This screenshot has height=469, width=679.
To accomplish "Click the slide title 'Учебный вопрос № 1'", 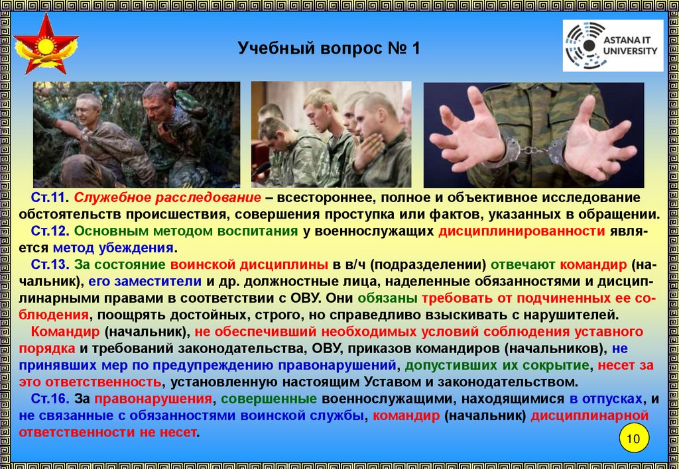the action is click(329, 48).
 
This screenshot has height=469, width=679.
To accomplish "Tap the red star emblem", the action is click(46, 44).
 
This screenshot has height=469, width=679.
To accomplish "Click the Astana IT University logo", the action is click(613, 45).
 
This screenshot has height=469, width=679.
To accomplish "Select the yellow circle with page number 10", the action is click(633, 439).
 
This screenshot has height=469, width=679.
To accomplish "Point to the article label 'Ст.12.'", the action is click(50, 231).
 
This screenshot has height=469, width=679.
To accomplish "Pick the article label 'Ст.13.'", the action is click(50, 264).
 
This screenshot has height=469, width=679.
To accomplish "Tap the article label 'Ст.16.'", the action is click(50, 399).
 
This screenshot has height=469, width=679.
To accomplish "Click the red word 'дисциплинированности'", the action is click(521, 231).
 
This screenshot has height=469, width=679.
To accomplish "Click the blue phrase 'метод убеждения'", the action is click(113, 248).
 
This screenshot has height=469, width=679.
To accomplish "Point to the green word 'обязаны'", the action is click(387, 299).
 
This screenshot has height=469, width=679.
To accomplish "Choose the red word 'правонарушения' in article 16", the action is click(153, 399).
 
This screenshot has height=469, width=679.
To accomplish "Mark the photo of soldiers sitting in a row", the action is click(332, 134).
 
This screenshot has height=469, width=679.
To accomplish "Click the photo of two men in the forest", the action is click(137, 134).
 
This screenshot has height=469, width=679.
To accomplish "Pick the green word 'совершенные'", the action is click(269, 399).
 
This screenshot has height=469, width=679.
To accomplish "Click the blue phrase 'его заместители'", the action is click(145, 282).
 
